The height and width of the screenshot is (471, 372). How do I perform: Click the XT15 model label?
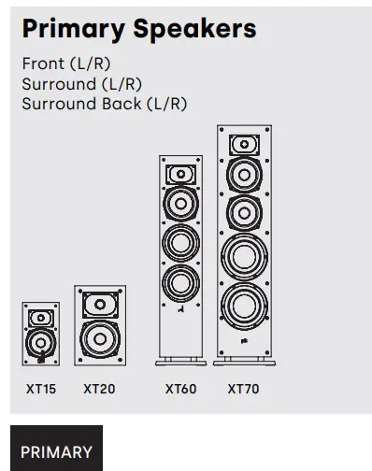(40, 389)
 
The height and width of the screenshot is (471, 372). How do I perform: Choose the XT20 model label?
(99, 389)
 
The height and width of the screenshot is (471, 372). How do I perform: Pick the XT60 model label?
(180, 389)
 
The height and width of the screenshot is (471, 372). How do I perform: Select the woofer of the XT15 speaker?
(40, 343)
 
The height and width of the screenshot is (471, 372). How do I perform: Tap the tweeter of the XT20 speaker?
(99, 305)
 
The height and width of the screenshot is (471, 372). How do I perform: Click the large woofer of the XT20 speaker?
(99, 338)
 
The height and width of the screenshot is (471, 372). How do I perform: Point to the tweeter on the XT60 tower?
(180, 174)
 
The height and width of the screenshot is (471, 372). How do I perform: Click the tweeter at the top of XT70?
(244, 145)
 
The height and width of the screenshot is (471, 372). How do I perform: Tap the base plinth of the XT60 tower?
(180, 361)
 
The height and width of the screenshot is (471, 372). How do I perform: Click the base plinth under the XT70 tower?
(244, 361)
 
